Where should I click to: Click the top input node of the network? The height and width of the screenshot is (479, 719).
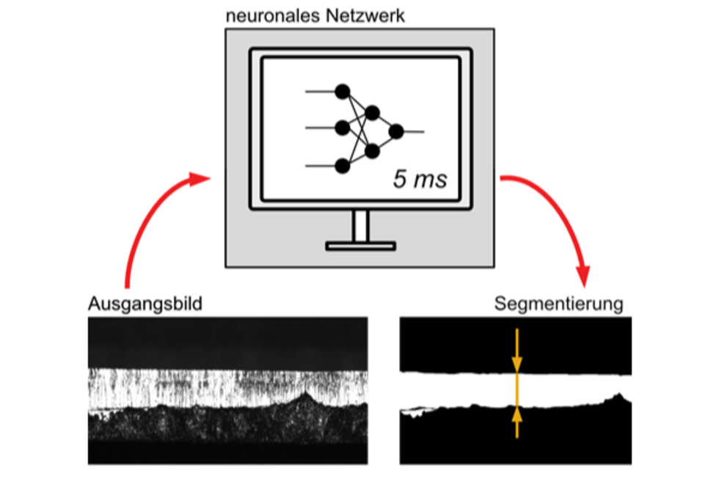342,91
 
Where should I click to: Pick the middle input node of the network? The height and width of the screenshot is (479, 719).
342,128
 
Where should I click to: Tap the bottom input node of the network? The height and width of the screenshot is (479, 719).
342,167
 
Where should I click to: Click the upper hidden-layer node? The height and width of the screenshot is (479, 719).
372,113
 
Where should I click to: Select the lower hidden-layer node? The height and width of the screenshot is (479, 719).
372,151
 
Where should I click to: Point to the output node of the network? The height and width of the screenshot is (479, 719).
396,132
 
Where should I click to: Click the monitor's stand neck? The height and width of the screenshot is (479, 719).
360,226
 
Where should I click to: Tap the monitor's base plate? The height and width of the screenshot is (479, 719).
360,246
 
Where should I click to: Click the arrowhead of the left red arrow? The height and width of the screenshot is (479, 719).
200,178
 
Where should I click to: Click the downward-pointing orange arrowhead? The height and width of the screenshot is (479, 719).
517,363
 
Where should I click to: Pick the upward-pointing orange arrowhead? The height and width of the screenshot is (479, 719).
517,414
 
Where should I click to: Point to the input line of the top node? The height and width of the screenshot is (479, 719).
320,91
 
